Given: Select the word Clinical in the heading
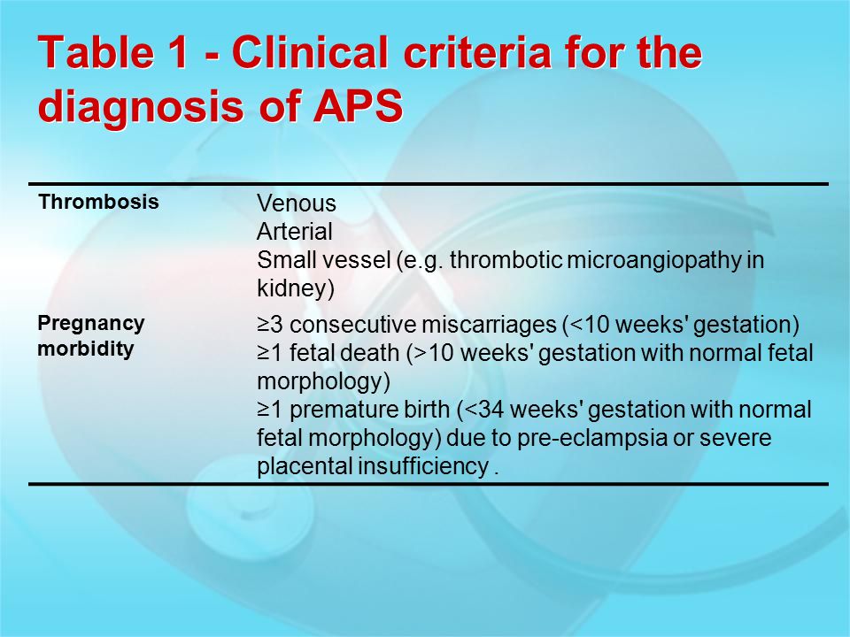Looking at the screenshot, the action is (310, 51).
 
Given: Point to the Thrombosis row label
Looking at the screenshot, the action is (98, 202).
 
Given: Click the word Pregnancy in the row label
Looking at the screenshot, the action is (91, 325).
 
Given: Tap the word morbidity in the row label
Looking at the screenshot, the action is (86, 349).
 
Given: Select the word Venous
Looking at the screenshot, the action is (297, 203).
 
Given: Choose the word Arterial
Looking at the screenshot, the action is (294, 232).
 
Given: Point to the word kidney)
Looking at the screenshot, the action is (296, 288).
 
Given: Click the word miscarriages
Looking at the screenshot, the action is (489, 326).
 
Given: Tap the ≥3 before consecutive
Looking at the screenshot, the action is (269, 325).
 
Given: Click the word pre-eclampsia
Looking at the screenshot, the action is (591, 438).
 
